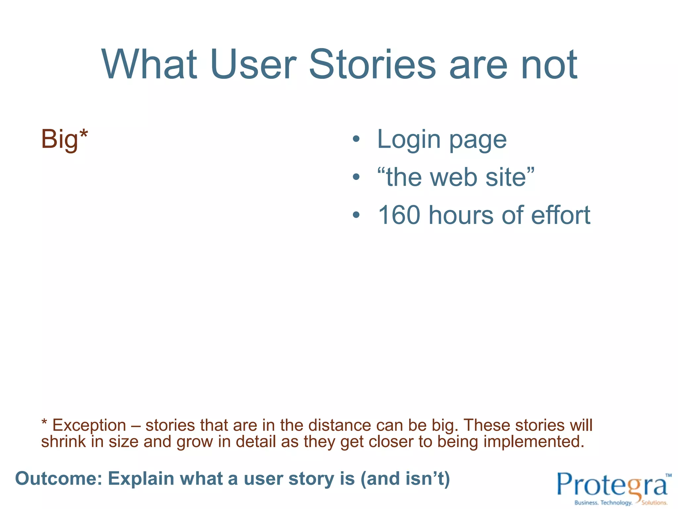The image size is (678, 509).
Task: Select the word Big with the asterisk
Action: click(64, 139)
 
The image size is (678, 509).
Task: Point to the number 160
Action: click(399, 215)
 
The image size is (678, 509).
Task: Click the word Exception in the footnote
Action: click(89, 425)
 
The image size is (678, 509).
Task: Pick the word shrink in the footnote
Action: click(63, 442)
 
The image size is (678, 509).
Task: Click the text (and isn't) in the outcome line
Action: click(405, 479)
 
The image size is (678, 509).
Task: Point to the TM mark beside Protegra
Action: click(668, 475)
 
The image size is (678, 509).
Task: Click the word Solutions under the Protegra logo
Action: click(654, 503)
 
